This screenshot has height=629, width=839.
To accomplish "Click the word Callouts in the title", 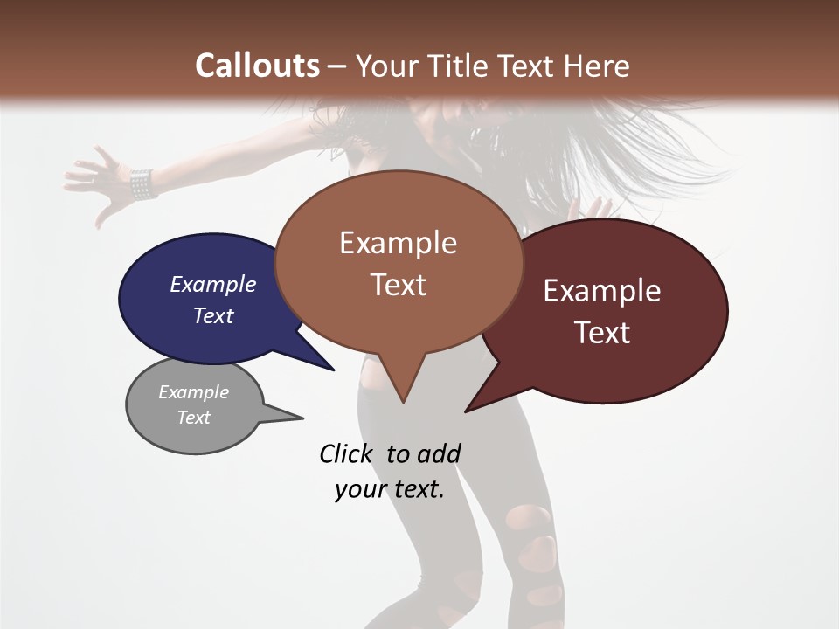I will coord(257,66).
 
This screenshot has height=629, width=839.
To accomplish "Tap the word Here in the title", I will coord(597,66).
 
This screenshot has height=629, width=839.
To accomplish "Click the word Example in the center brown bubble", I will coord(398,243).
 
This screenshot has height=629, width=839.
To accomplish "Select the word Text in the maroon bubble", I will coord(602,333).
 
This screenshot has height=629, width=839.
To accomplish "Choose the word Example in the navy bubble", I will coord(212,285).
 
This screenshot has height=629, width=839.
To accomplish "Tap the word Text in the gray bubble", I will coord(194,418).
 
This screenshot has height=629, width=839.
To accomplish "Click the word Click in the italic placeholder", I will coord(345,453).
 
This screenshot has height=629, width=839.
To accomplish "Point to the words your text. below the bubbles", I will coord(390,489).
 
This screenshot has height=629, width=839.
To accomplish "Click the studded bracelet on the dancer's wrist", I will coord(142,183).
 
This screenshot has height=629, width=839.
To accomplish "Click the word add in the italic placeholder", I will coord(438,453).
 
